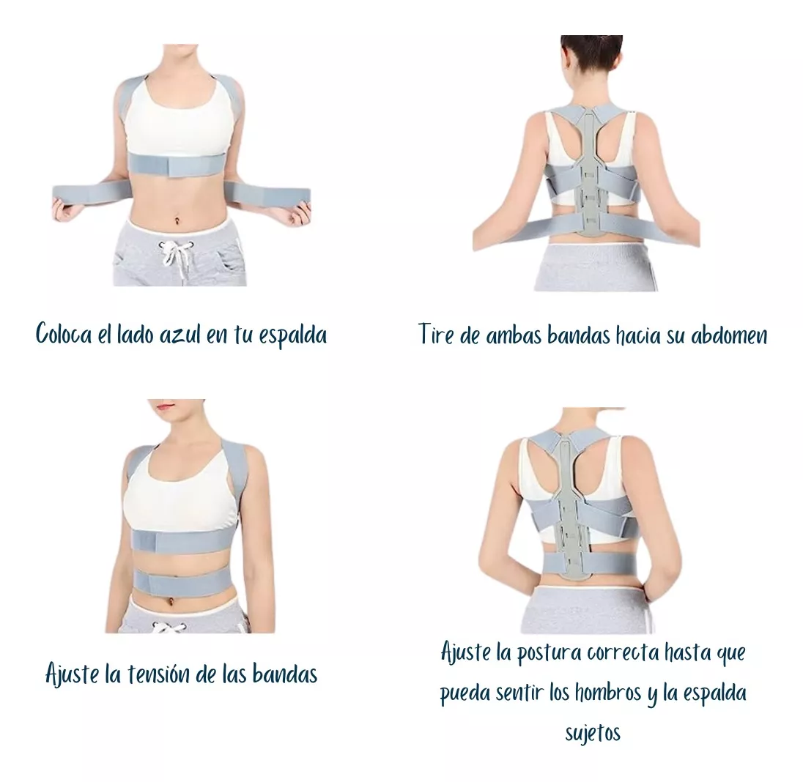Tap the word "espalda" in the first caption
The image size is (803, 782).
click(x=293, y=336)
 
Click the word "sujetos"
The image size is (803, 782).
click(x=593, y=733)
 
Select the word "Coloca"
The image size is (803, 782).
click(x=64, y=334)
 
